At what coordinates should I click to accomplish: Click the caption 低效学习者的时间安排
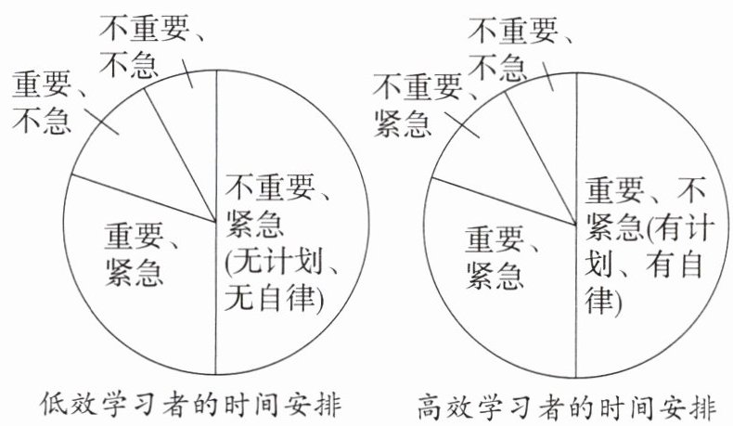click(192, 405)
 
